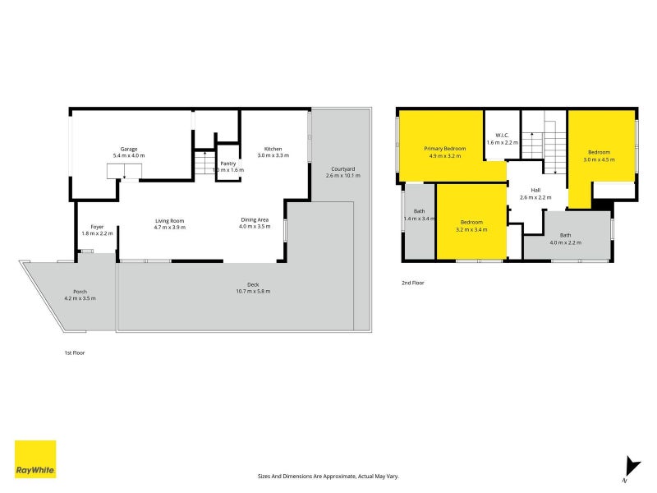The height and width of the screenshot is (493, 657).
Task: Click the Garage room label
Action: point(128,149)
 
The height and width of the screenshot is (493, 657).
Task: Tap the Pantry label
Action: point(227,164)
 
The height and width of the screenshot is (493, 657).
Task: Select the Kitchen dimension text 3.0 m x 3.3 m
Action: point(273,155)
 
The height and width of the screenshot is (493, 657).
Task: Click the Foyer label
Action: point(97,227)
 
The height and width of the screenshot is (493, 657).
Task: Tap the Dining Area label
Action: point(254,219)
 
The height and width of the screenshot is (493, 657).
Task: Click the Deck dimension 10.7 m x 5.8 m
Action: point(253,291)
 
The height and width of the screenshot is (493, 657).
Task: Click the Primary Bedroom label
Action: point(444,148)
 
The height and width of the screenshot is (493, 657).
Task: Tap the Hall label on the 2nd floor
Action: point(535,191)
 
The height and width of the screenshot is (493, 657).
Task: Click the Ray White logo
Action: point(35,458)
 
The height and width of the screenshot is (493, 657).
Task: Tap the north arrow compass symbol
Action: point(630,468)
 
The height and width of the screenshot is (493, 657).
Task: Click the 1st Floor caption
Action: point(75,352)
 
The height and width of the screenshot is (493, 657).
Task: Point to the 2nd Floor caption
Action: point(412,283)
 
